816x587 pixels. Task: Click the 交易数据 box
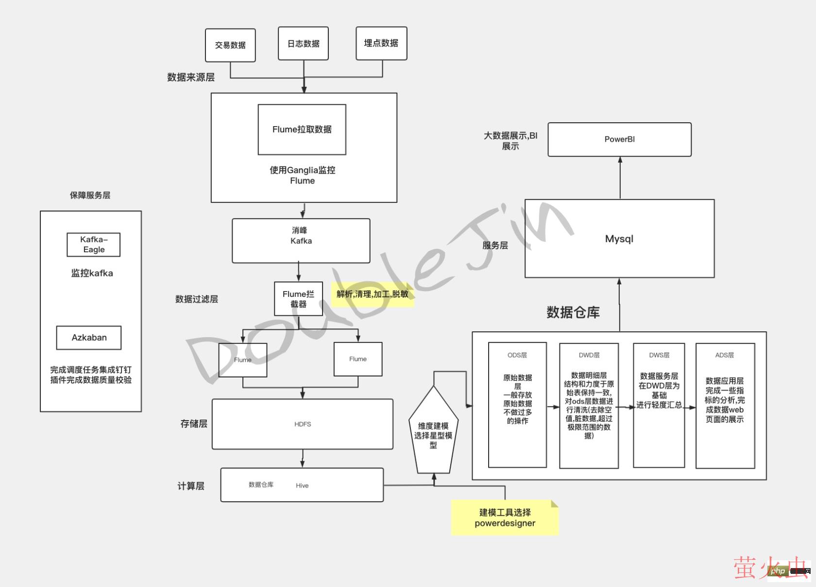pos(230,45)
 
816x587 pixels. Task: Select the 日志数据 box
pos(303,44)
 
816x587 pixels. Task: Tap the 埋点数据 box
pos(381,43)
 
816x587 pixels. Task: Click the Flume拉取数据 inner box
pos(302,130)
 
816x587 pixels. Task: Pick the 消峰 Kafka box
pos(301,241)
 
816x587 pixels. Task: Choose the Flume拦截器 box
pos(298,299)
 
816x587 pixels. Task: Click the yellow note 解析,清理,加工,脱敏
pos(372,294)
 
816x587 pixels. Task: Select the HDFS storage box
pos(302,424)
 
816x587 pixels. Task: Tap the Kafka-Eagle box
pos(93,245)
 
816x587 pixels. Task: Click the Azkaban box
pos(89,338)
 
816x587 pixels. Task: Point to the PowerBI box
pos(619,139)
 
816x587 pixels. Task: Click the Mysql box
pos(619,239)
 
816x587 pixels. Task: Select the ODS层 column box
pos(517,406)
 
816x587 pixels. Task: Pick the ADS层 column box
pos(725,406)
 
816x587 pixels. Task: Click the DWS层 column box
pos(659,406)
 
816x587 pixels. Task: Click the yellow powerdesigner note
pos(505,518)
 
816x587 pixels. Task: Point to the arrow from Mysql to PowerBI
pos(620,178)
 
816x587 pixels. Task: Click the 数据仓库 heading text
pos(573,312)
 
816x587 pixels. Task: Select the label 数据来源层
pos(191,77)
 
